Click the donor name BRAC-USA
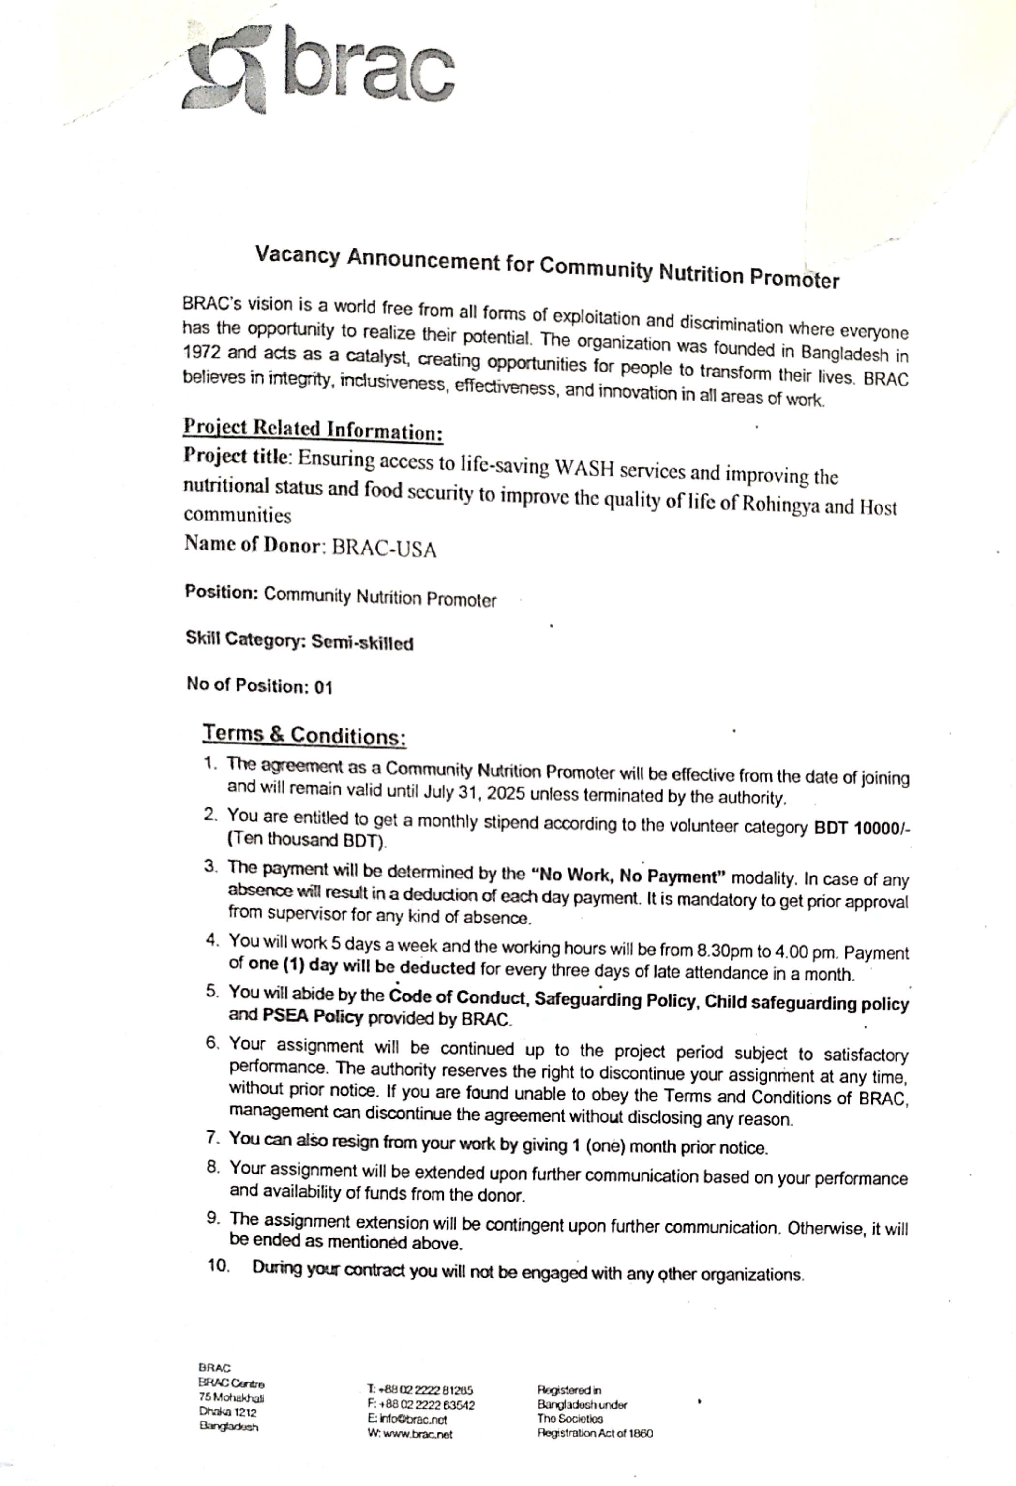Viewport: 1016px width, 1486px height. point(384,549)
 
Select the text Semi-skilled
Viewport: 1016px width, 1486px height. point(362,642)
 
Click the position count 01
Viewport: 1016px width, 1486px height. point(323,687)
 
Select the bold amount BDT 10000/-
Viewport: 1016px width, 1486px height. point(861,828)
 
